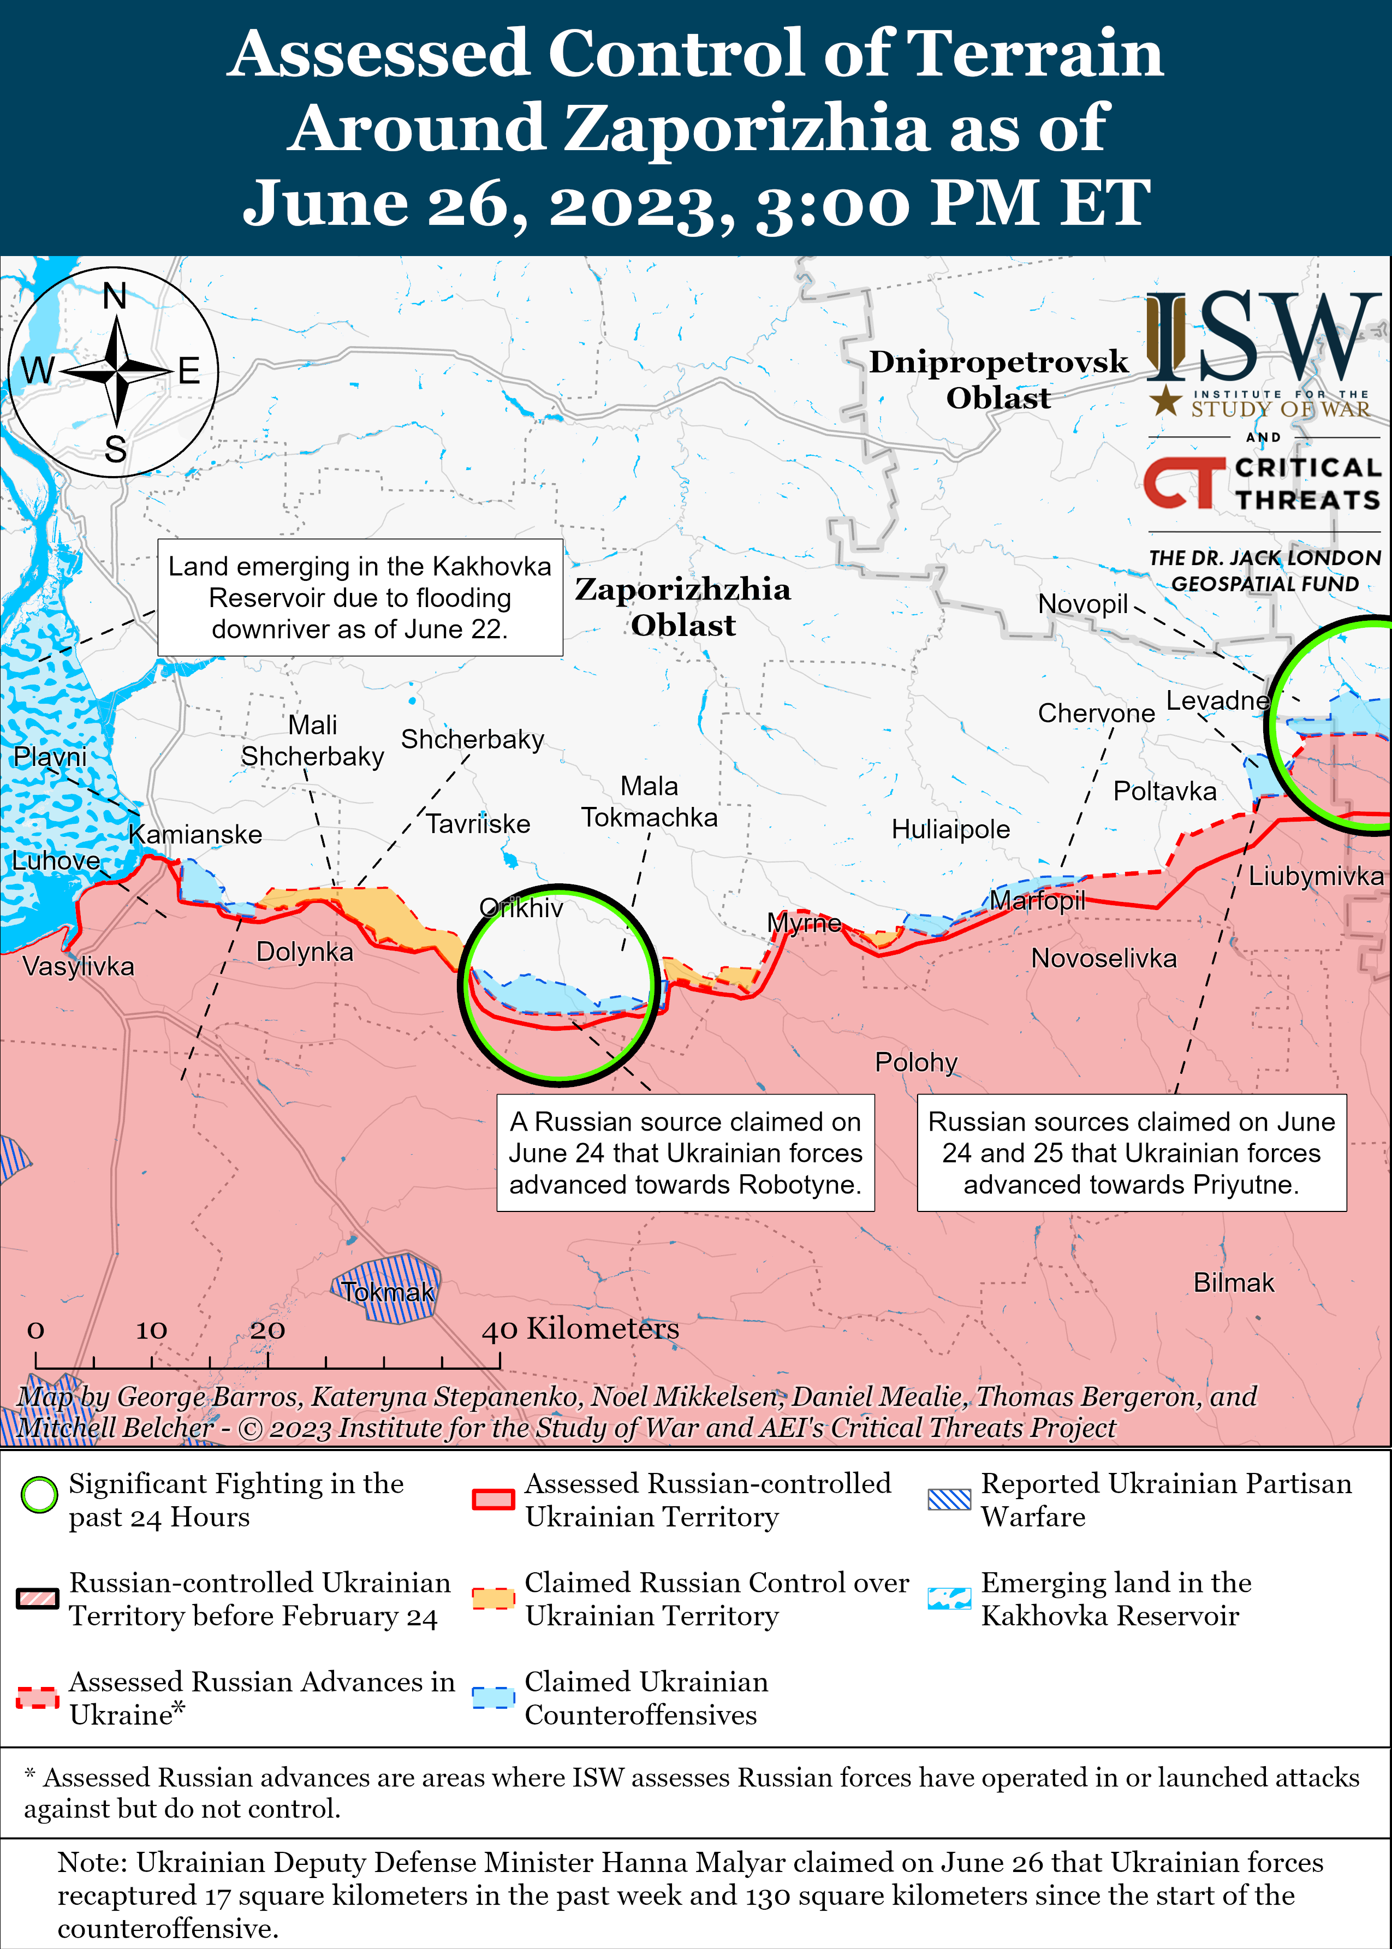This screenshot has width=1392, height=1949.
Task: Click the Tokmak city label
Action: (388, 1292)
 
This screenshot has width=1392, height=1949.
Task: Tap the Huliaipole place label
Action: (950, 830)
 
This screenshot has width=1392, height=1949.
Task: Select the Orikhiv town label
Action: (521, 908)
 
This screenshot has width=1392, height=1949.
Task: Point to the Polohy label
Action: (915, 1063)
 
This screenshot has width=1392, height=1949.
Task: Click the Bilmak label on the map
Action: (1234, 1283)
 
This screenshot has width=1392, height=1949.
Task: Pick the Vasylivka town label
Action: (78, 967)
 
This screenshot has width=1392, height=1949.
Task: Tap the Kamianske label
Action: (195, 835)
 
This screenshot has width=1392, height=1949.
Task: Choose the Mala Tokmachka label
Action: (649, 802)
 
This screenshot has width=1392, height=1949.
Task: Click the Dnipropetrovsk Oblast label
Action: (998, 379)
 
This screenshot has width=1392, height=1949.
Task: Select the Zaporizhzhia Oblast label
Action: (683, 607)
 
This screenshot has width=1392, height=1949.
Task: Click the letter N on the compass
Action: (115, 296)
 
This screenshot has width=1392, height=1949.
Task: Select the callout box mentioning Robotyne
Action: (685, 1153)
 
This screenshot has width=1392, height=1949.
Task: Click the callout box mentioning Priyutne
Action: (1132, 1153)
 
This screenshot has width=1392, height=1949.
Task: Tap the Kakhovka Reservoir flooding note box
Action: (360, 597)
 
